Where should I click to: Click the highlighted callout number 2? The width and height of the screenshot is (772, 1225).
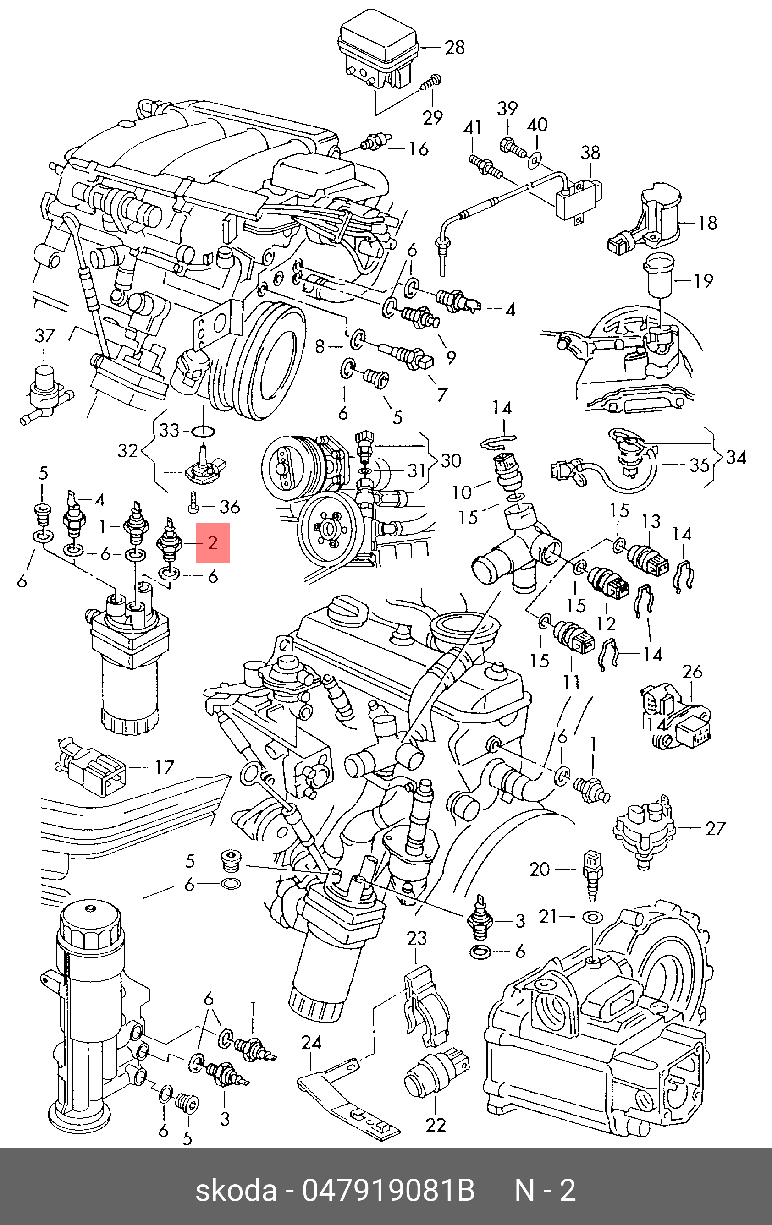pyautogui.click(x=213, y=542)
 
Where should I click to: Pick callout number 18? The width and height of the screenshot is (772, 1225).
pyautogui.click(x=707, y=222)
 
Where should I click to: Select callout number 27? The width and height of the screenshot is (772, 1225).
pyautogui.click(x=715, y=828)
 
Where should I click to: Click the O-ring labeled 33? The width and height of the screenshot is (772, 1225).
pyautogui.click(x=203, y=432)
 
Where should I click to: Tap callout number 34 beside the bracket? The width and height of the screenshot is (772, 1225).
pyautogui.click(x=736, y=457)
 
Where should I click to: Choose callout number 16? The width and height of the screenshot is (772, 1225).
pyautogui.click(x=419, y=149)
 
